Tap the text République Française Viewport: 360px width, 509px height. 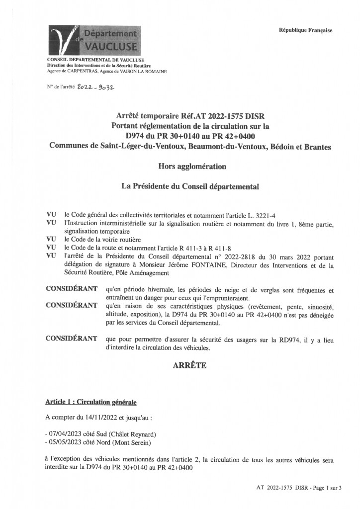pos(305,30)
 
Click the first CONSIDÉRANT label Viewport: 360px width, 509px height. pos(71,288)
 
